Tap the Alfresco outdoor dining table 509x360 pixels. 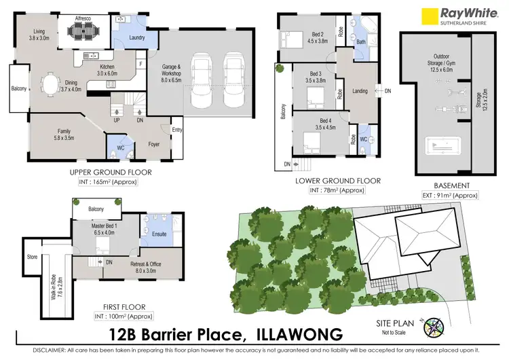87,31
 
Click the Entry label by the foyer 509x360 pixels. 177,129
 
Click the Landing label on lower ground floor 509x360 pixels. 360,90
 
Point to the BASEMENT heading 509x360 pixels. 451,185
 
